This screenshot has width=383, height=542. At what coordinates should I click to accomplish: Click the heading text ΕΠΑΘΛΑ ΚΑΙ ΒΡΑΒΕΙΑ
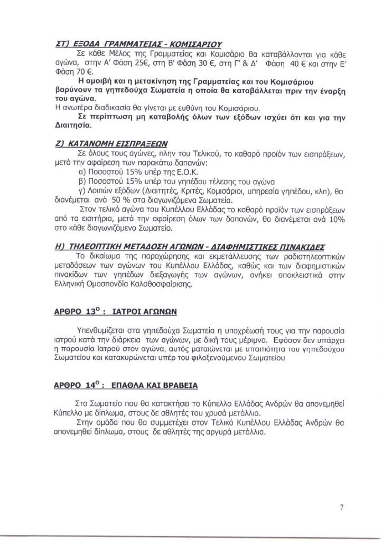[x=161, y=385]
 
